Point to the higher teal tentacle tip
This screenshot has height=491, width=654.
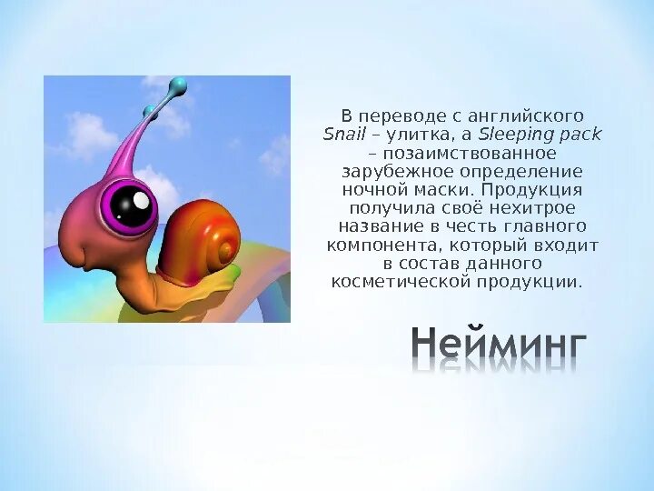[179, 87]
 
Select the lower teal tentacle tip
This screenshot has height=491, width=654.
[149, 111]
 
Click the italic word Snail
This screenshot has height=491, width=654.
[344, 135]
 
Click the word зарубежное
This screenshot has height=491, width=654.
[385, 171]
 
